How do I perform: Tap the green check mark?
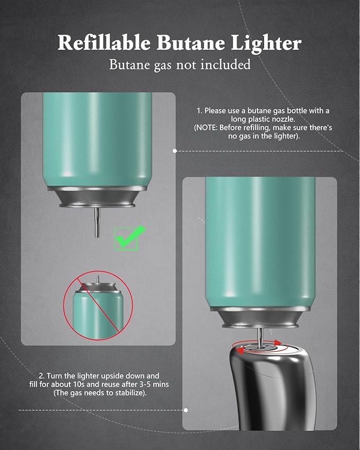point(129,236)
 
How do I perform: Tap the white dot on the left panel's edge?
point(175,151)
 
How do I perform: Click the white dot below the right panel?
point(186,410)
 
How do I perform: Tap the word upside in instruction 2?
point(113,375)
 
